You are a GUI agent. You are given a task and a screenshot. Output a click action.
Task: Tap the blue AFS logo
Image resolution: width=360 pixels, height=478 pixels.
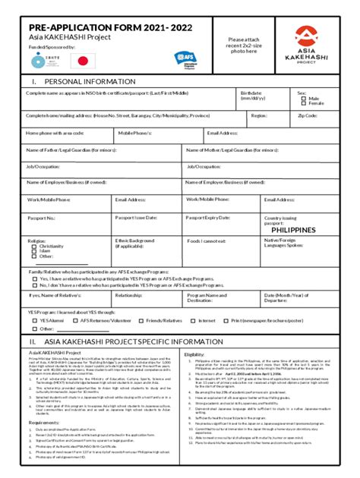(185, 57)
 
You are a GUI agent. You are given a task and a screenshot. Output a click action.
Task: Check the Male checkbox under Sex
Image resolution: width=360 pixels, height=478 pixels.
(304, 98)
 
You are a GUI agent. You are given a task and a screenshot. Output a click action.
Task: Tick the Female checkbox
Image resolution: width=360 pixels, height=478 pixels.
(304, 103)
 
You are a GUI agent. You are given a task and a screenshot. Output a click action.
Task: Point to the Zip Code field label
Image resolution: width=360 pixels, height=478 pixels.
(308, 115)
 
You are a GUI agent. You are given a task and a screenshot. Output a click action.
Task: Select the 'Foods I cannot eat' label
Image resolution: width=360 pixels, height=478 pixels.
(207, 241)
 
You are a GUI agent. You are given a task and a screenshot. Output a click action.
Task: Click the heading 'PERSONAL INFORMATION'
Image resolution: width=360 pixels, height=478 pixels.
(90, 81)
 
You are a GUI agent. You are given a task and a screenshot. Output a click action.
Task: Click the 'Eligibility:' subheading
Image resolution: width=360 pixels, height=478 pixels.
(194, 354)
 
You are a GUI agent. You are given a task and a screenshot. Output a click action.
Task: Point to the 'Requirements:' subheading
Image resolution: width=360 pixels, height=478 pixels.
(44, 422)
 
